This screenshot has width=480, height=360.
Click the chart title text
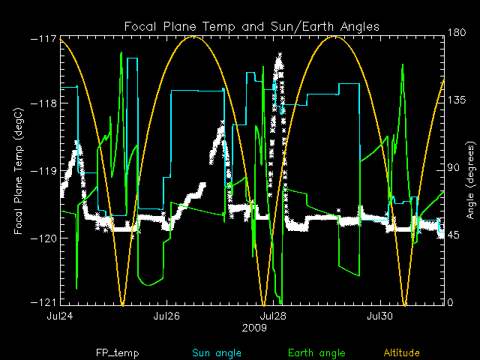tap(252, 26)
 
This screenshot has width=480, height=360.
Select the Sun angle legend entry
tap(213, 352)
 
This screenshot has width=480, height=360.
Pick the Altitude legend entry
tap(402, 352)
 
